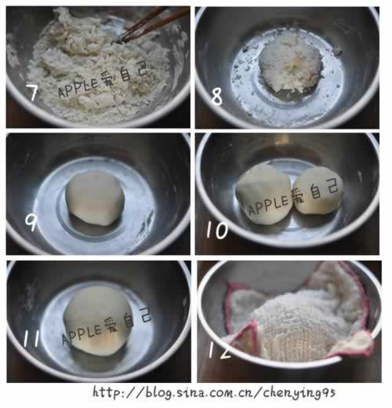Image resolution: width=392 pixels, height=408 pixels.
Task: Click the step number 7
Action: tap(32, 93)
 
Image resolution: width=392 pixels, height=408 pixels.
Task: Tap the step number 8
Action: tap(217, 97)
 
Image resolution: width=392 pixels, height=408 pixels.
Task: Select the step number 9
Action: tap(31, 222)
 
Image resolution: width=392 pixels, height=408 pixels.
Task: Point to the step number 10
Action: tap(216, 230)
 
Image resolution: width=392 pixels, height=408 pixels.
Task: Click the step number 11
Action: tap(32, 338)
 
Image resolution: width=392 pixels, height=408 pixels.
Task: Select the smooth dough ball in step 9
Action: tap(95, 199)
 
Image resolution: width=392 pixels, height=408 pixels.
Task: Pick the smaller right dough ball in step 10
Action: tap(318, 191)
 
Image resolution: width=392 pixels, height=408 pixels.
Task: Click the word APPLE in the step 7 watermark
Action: tap(78, 88)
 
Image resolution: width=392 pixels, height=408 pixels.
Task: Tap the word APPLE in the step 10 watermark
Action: tap(268, 205)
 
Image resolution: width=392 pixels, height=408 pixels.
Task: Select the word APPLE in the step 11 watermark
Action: tap(82, 335)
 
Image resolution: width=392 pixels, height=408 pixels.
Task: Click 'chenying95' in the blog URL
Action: tap(299, 393)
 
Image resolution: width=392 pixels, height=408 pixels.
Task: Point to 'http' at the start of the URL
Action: tap(107, 392)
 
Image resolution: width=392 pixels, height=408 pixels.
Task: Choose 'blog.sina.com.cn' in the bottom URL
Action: tap(198, 392)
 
